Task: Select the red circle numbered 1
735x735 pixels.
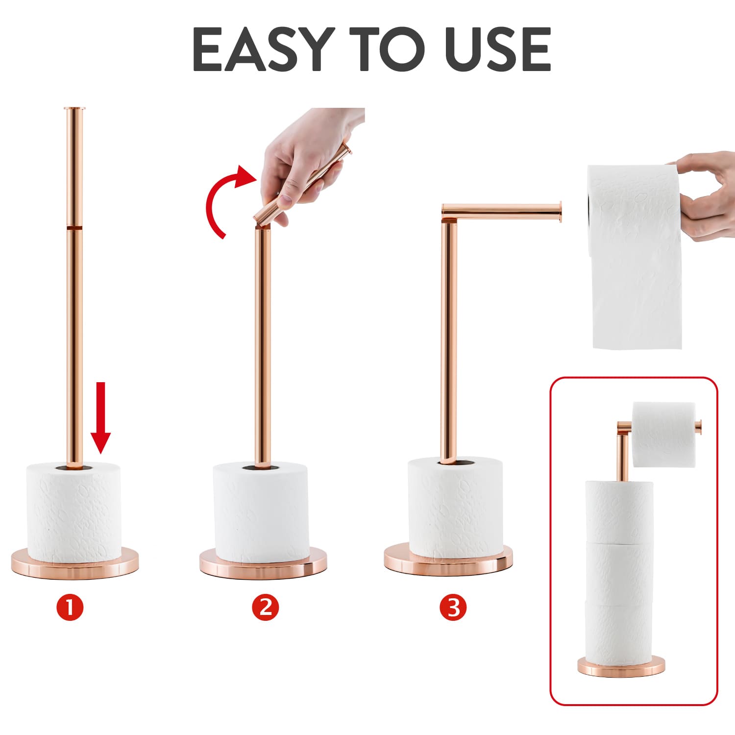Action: click(x=70, y=607)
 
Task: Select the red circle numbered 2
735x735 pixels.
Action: click(x=266, y=607)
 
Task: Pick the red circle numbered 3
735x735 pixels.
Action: click(x=453, y=607)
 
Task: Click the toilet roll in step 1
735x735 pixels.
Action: click(x=73, y=512)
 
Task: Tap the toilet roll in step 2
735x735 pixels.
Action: click(x=261, y=512)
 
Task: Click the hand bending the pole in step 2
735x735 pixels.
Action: click(x=309, y=157)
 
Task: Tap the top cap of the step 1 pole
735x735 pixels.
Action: click(x=74, y=108)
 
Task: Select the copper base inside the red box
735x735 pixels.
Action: click(x=621, y=666)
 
